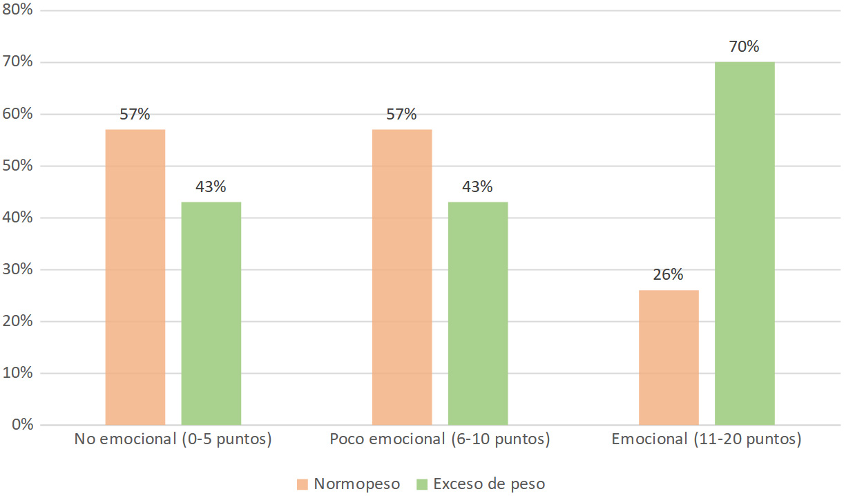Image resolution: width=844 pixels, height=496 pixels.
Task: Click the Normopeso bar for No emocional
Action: coord(135,276)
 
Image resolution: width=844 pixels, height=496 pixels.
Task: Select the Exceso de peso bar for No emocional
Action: coord(211,313)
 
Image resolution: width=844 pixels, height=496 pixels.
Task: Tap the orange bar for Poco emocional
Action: coord(402,276)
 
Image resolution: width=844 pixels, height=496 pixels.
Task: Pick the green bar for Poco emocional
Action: coord(478,313)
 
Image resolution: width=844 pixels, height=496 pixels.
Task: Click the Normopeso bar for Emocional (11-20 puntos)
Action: coord(669,357)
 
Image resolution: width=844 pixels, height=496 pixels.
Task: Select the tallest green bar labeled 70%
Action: coord(745,243)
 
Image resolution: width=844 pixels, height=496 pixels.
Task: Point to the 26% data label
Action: coord(669,275)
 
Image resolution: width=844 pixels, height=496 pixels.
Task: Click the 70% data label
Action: coord(745,47)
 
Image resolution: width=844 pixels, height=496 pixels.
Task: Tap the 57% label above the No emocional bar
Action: coord(135,115)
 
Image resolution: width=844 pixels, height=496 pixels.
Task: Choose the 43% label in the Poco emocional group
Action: coord(478,187)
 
